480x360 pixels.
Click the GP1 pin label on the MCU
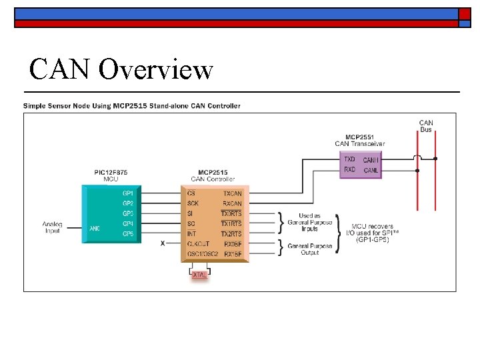128,193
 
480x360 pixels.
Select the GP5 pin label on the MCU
128,234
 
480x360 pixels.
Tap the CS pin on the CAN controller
191,193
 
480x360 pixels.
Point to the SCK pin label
193,203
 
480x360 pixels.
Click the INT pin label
192,234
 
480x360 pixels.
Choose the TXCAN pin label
233,193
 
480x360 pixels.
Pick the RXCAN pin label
233,203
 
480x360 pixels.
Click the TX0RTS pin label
232,213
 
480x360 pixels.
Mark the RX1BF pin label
233,254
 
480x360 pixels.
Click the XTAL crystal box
199,275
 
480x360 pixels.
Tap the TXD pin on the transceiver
349,160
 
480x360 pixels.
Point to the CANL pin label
371,171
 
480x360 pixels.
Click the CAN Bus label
426,125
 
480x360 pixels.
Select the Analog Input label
53,227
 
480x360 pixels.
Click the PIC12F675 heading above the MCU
111,173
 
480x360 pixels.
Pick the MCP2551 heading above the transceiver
359,137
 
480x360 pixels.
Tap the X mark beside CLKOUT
163,244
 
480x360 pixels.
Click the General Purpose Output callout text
309,249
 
